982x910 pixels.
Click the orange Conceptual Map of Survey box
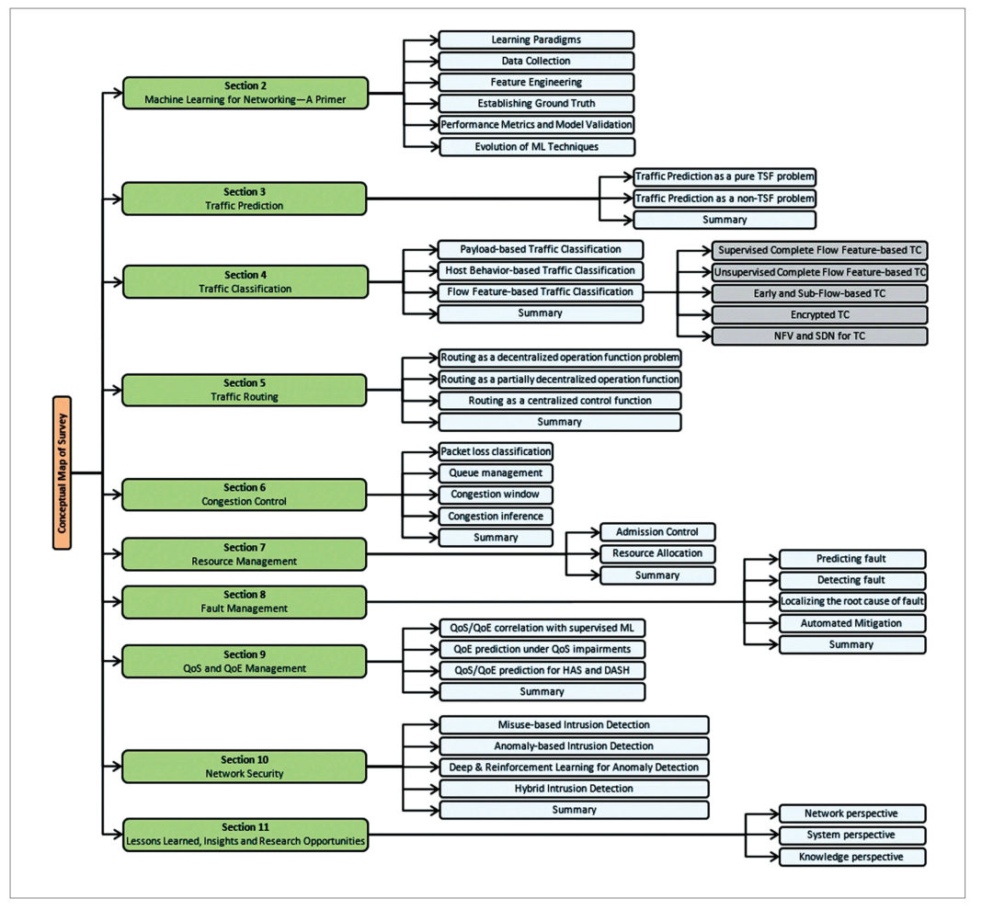62,472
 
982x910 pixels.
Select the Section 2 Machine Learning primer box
245,93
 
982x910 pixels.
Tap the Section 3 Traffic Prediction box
245,199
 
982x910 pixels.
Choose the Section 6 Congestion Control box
245,495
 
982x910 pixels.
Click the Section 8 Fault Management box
245,601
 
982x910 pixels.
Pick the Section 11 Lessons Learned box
245,834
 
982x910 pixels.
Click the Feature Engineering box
536,83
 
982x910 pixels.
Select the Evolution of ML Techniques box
536,146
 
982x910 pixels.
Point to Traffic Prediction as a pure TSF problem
725,176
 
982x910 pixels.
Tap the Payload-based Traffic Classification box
540,249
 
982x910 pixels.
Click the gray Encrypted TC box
819,314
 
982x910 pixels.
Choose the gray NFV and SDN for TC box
819,336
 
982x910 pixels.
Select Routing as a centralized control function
559,401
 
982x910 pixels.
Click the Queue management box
496,473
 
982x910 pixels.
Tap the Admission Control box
657,532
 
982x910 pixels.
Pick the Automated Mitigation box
851,623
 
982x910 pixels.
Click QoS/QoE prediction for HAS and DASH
542,670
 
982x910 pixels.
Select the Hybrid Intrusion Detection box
574,789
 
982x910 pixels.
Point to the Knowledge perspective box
851,857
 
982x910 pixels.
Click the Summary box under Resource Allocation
657,575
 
